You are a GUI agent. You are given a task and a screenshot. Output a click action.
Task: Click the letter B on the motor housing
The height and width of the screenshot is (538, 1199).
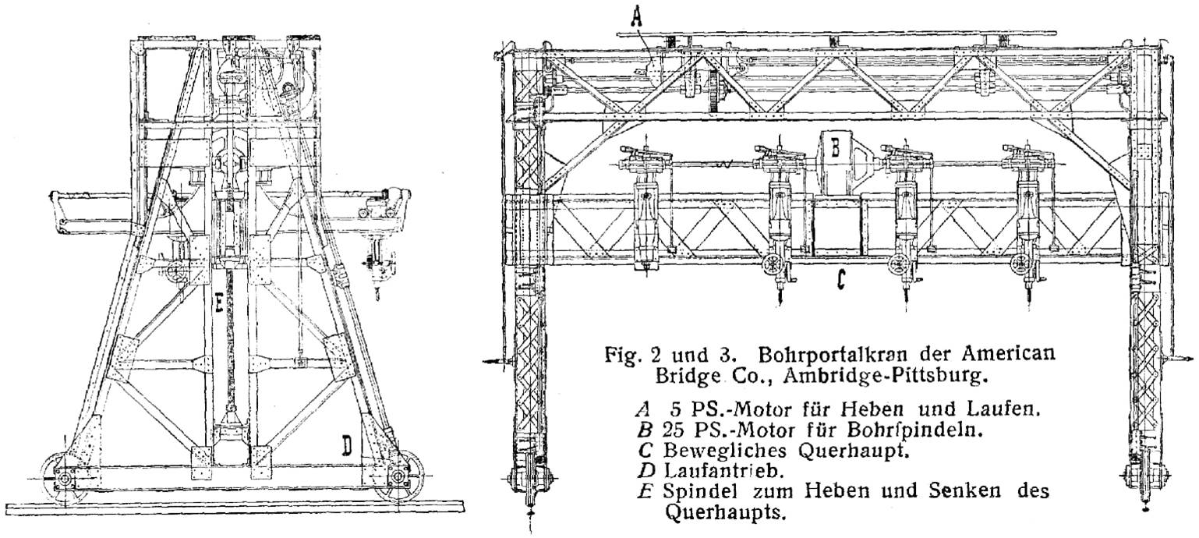coord(836,147)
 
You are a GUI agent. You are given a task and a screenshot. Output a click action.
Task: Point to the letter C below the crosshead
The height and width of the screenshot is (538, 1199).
coord(841,278)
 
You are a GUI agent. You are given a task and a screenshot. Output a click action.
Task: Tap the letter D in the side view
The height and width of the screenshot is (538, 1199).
coord(348,445)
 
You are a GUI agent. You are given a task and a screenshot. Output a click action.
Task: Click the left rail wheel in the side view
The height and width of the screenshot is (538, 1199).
coord(63,479)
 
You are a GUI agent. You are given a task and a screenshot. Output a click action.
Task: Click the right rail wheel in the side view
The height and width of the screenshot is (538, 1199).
coord(399,476)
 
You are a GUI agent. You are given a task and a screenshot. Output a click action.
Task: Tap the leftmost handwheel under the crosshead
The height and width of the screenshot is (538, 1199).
coord(771,264)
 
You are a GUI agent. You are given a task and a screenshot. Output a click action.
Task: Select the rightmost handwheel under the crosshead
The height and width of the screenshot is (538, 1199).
coord(1021,264)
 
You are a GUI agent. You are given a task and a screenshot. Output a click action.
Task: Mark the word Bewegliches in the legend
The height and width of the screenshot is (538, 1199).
coord(725,450)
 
